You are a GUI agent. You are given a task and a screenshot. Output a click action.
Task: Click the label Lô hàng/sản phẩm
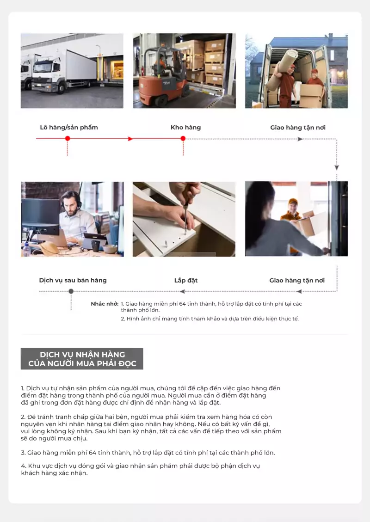pyautogui.click(x=69, y=128)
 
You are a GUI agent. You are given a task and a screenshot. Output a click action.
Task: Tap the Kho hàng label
pyautogui.click(x=186, y=128)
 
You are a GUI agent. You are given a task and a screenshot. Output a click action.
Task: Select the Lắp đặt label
pyautogui.click(x=186, y=280)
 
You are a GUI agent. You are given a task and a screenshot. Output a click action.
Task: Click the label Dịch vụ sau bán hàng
pyautogui.click(x=73, y=280)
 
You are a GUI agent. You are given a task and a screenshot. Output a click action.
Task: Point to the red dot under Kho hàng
pyautogui.click(x=183, y=139)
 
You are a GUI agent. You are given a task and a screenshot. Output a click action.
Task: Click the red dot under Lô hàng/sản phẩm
pyautogui.click(x=68, y=139)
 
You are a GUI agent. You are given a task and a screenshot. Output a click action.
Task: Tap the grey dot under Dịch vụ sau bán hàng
pyautogui.click(x=71, y=291)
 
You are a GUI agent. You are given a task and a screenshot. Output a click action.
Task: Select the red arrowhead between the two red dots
pyautogui.click(x=130, y=139)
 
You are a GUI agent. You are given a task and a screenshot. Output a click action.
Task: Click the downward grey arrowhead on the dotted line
pyautogui.click(x=337, y=167)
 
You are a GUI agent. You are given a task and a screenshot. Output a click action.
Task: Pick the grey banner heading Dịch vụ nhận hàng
pyautogui.click(x=82, y=359)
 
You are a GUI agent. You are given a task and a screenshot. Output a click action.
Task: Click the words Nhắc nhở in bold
pyautogui.click(x=105, y=304)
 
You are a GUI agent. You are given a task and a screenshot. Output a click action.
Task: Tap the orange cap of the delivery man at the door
pyautogui.click(x=293, y=201)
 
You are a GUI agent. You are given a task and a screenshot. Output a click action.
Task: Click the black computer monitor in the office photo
pyautogui.click(x=41, y=217)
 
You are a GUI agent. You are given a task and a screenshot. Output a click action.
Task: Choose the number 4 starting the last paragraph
pyautogui.click(x=23, y=466)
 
